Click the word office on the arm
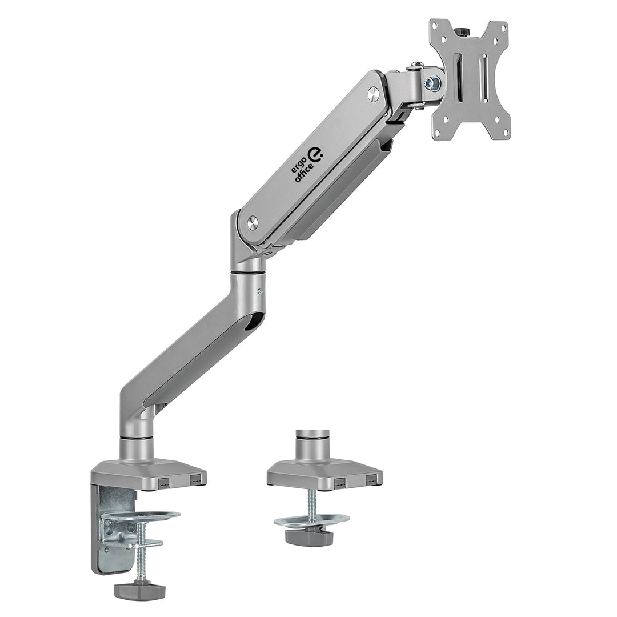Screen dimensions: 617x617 point(305,170)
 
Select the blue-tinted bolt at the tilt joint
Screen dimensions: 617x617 point(435,83)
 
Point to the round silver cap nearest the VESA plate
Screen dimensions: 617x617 point(373,91)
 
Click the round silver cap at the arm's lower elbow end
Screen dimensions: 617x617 point(252,222)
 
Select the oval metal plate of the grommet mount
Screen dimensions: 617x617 point(311,520)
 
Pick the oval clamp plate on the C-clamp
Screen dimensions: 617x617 point(141,516)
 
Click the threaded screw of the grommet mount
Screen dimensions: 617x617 point(311,503)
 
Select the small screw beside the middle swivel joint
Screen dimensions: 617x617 point(260,291)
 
